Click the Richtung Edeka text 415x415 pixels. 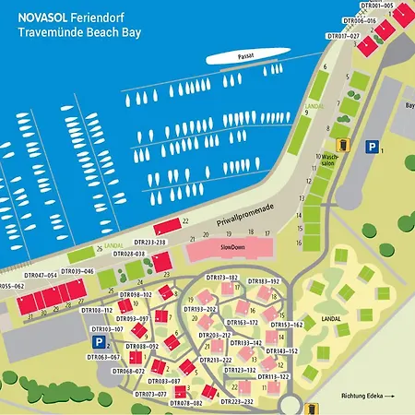pos(367,397)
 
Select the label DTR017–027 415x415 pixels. pos(343,36)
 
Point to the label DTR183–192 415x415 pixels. pos(263,280)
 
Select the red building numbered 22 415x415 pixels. pos(168,226)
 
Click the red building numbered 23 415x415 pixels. pos(162,263)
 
